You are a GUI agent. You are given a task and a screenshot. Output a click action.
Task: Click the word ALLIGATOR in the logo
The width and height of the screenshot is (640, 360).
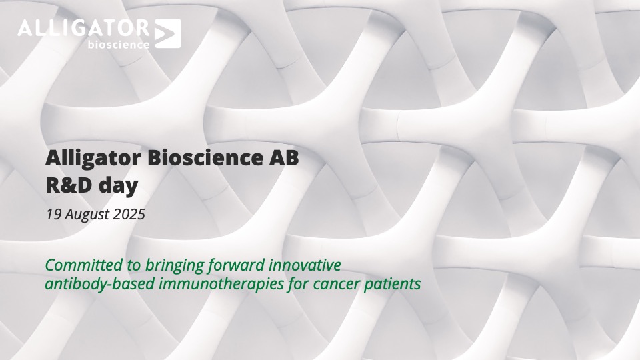84,28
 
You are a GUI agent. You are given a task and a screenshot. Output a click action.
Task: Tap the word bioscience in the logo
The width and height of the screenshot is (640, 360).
119,44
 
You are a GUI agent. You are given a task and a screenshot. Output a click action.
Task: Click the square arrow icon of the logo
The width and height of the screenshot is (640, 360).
168,33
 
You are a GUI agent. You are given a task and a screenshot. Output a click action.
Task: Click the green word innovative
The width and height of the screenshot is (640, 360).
305,265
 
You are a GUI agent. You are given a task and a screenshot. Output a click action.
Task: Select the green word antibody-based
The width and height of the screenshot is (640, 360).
99,284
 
